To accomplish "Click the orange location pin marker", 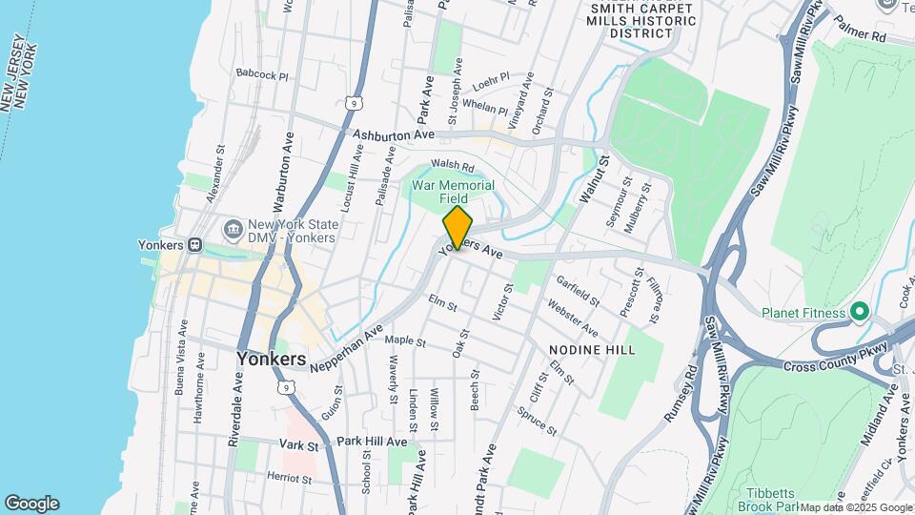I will click(457, 228).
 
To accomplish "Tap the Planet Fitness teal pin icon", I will click(860, 312).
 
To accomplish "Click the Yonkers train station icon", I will click(193, 243).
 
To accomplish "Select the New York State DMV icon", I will click(233, 230).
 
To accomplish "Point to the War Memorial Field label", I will click(453, 192).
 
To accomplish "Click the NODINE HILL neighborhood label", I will click(592, 350).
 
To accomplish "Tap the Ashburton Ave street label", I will click(387, 136).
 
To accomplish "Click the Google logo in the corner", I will click(31, 504).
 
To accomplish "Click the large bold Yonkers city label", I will click(272, 360).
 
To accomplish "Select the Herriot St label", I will click(290, 476).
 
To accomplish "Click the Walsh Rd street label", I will click(452, 166).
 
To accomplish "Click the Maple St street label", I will click(404, 340).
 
